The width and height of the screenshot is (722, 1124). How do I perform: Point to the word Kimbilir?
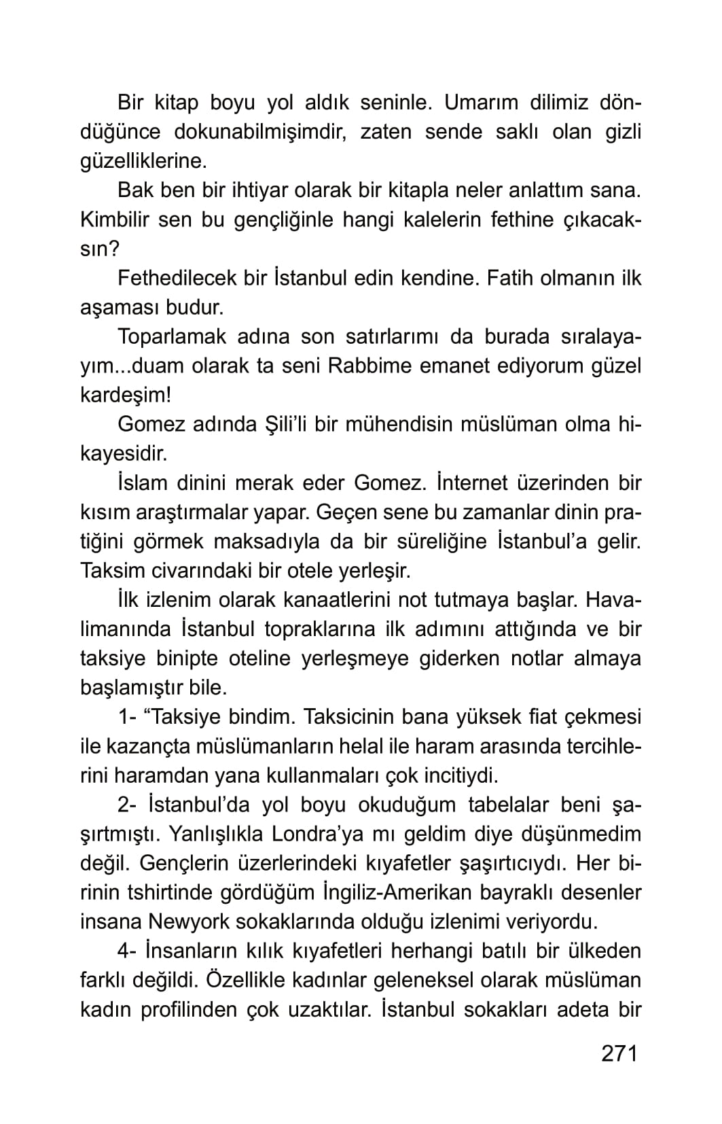pos(114,219)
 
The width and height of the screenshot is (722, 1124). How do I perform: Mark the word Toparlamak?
pos(170,336)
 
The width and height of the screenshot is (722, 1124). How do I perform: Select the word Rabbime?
pos(369,366)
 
